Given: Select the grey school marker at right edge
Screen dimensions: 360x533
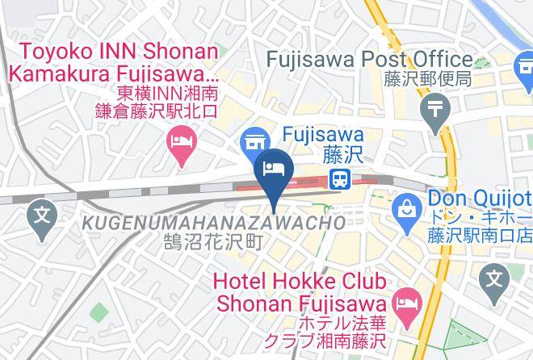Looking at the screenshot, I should coord(493,279).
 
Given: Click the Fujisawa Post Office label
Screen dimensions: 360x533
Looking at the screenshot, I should coord(370,59).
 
